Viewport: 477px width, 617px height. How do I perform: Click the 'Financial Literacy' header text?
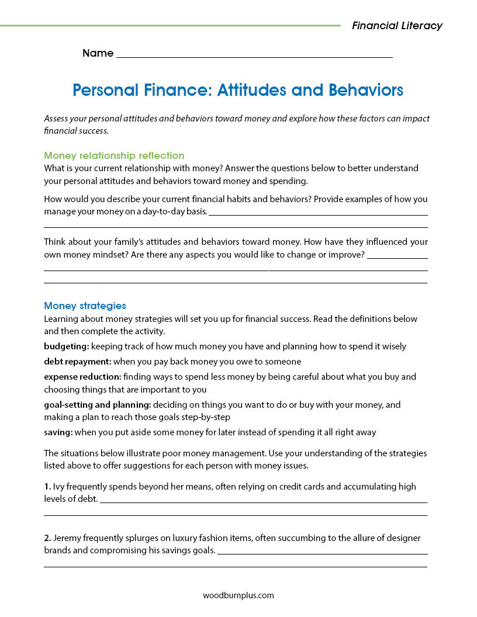click(397, 26)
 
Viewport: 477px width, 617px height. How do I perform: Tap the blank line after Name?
click(254, 56)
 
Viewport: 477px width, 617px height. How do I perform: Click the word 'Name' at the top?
click(98, 53)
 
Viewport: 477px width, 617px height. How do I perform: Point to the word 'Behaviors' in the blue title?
click(366, 91)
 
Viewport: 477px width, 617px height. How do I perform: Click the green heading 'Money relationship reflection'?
click(114, 155)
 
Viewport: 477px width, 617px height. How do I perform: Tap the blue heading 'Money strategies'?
click(85, 306)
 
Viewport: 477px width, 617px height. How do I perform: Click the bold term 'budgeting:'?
click(66, 346)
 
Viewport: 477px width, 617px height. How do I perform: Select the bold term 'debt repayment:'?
click(78, 362)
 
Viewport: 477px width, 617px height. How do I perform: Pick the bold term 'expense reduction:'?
click(82, 377)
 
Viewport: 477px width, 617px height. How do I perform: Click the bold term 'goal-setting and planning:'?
click(98, 404)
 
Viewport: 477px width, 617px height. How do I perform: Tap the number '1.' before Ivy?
click(47, 486)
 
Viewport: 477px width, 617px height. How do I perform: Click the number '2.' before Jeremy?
click(47, 538)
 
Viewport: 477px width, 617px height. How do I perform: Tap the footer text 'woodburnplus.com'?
click(238, 595)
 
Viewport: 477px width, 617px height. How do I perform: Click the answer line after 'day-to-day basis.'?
click(318, 214)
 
